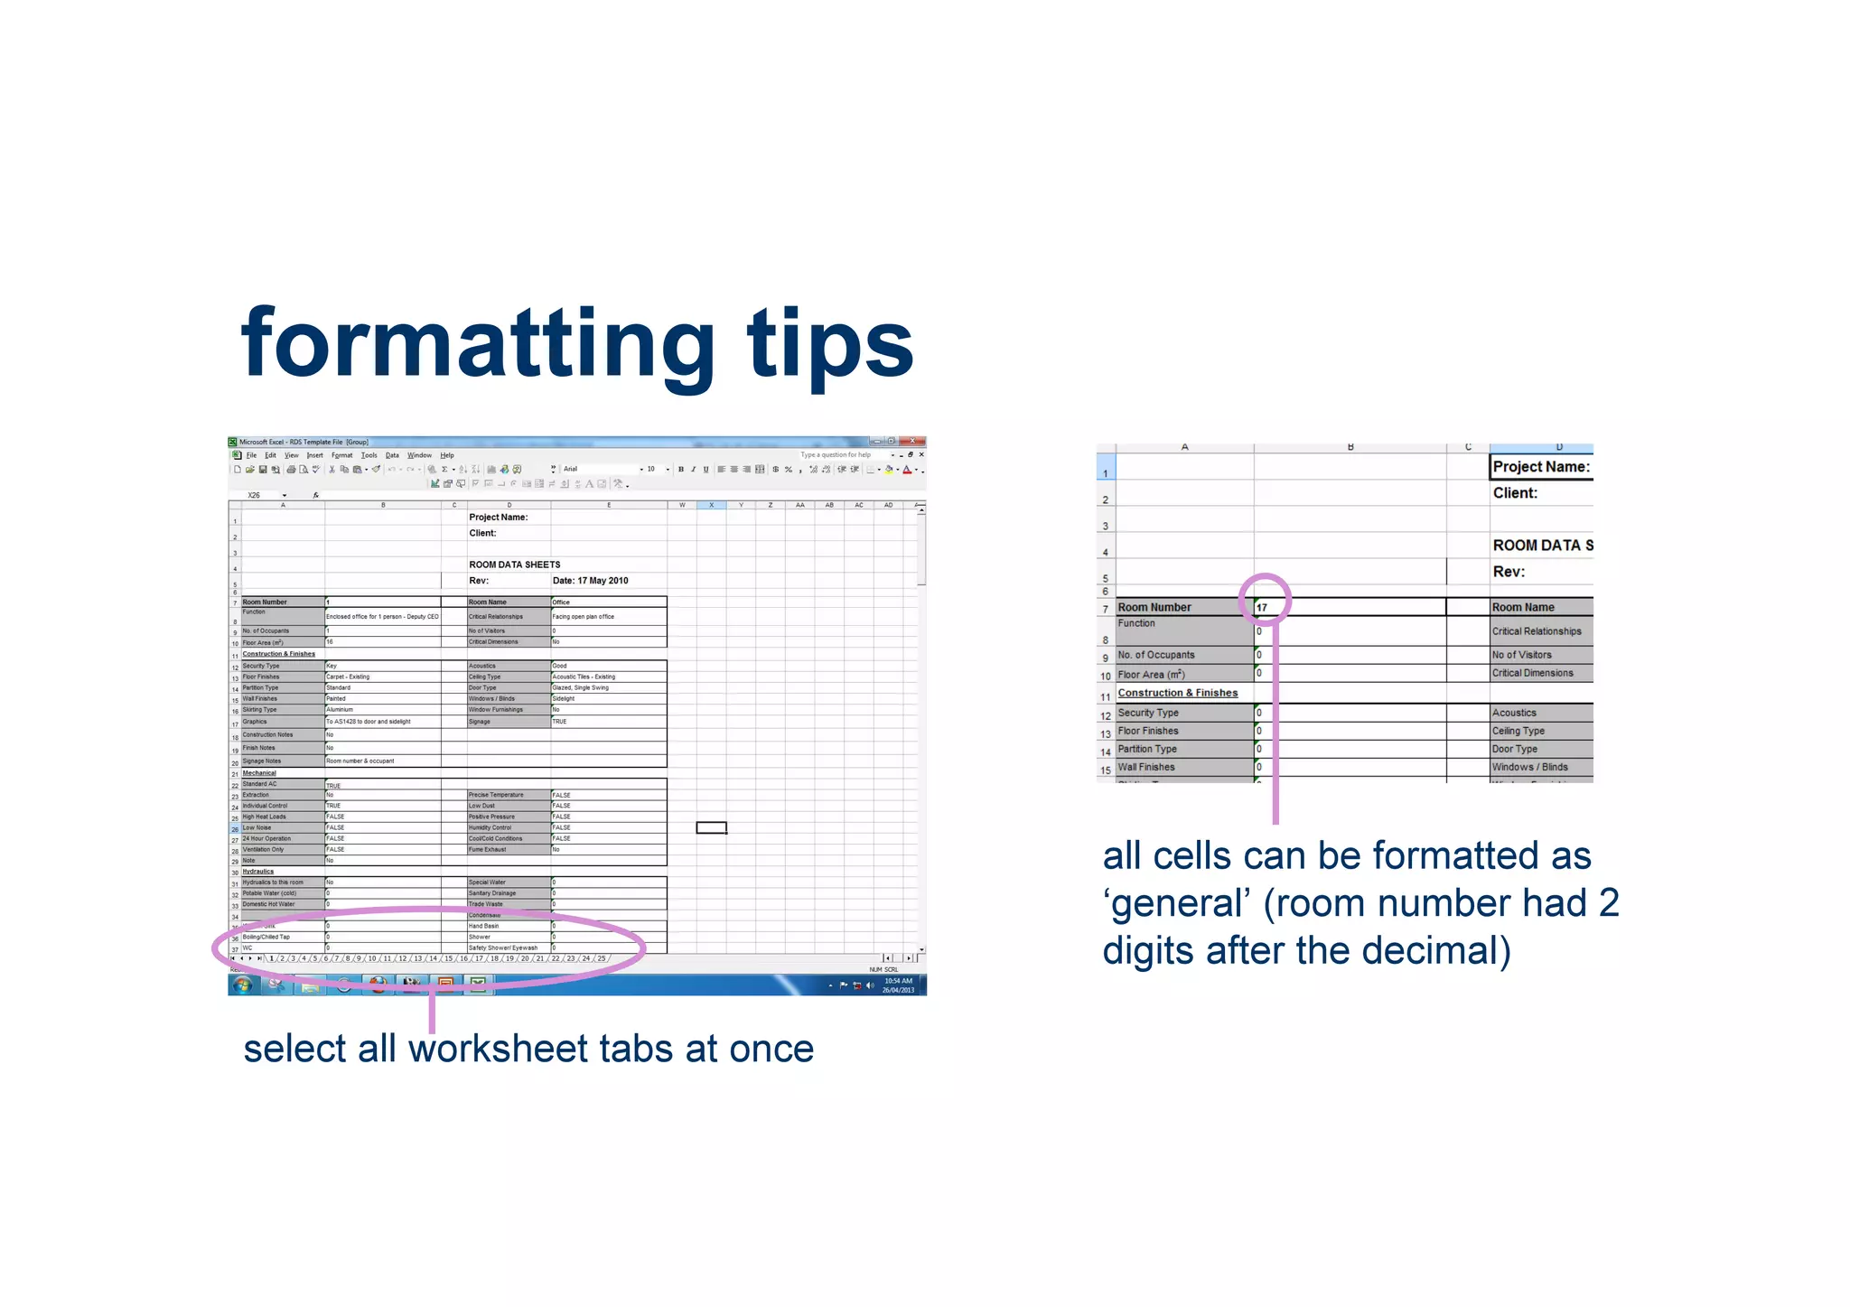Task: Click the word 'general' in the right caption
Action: pos(1180,903)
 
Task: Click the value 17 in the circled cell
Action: pos(1262,608)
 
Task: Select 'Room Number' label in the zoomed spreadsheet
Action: pos(1154,608)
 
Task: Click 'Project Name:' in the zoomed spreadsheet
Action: pos(1540,467)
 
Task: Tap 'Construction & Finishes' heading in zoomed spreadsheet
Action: pos(1178,693)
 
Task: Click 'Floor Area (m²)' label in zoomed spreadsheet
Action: pos(1151,675)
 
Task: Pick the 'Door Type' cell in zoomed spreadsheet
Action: pos(1515,749)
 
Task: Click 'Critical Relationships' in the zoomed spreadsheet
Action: pos(1537,631)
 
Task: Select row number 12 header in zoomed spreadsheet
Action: pos(1106,715)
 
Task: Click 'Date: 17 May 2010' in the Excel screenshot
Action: pos(590,581)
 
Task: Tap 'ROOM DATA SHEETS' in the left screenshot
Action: pos(514,565)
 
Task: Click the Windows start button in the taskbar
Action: pos(242,985)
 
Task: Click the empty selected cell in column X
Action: pos(711,827)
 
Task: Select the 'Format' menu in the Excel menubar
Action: pos(341,455)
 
